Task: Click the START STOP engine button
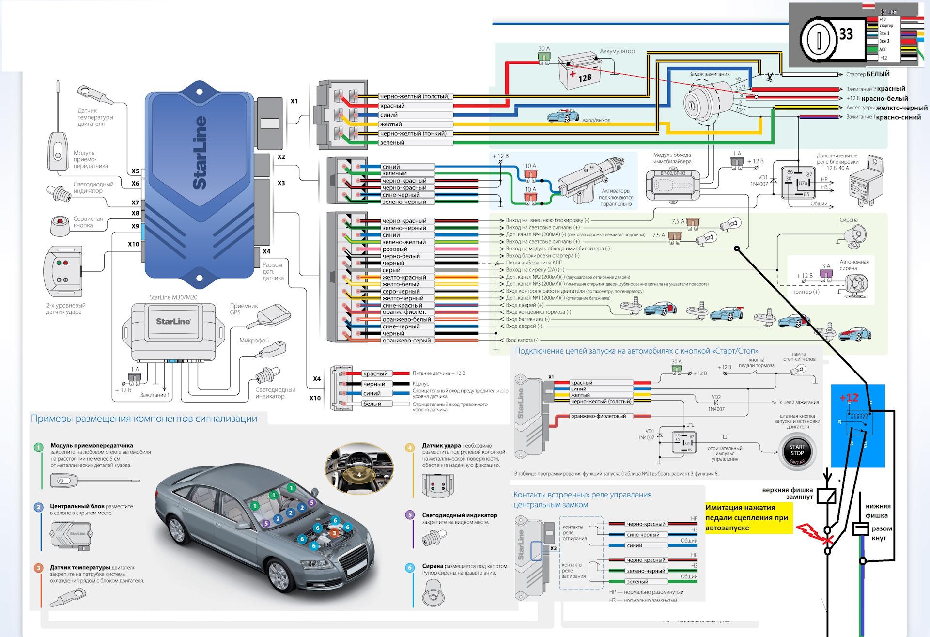point(797,453)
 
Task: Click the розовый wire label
point(395,249)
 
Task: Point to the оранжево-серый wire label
point(406,341)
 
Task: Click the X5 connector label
point(135,171)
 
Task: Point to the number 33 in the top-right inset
point(846,34)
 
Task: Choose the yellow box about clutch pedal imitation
point(748,517)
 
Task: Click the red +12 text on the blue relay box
point(849,398)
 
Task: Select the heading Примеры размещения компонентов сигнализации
point(144,419)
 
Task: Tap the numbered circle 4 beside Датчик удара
point(410,447)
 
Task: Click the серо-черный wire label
point(401,292)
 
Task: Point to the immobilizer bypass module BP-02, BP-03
point(672,183)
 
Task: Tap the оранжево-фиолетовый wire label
point(598,416)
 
